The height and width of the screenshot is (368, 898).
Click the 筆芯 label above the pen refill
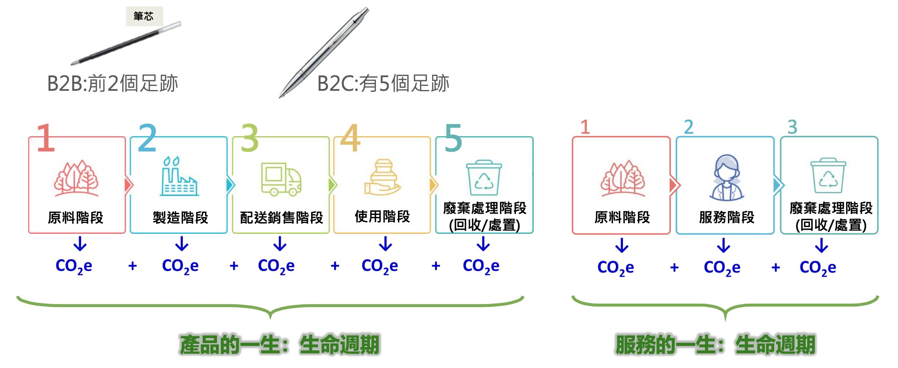[144, 16]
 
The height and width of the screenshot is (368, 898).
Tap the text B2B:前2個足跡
[113, 84]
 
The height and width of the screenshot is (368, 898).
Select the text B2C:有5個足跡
[383, 84]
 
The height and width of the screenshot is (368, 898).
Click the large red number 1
[45, 138]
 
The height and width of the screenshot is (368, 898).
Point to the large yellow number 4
[350, 138]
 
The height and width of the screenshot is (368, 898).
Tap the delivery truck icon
[281, 179]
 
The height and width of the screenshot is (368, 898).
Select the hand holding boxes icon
[383, 177]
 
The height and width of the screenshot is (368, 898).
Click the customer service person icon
[726, 178]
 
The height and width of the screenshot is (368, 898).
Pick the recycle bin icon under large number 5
[484, 178]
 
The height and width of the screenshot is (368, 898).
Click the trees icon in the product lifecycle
[76, 178]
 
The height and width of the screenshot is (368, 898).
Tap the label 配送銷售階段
[281, 218]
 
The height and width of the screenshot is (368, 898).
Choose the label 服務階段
[726, 217]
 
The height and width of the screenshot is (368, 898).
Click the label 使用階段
[382, 217]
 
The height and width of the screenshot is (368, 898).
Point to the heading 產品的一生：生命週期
[279, 345]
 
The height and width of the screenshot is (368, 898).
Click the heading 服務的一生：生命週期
[716, 345]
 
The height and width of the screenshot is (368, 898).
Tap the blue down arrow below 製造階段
[182, 243]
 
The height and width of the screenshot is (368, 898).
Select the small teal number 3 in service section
[792, 127]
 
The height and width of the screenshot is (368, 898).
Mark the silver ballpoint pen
[324, 52]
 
